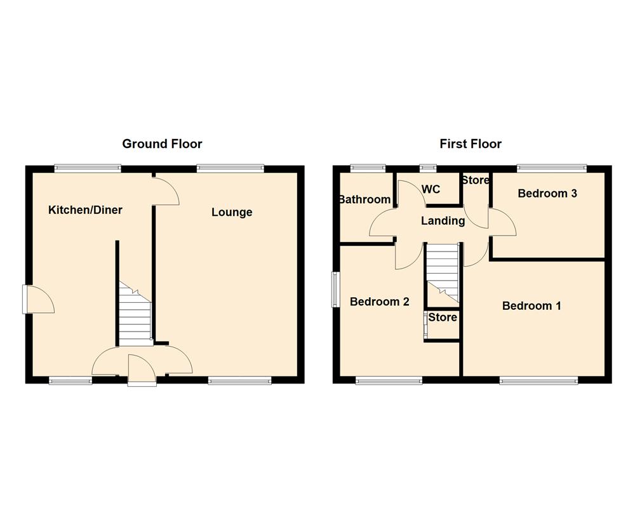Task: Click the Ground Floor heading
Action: coord(162,144)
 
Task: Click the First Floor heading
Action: coord(471,144)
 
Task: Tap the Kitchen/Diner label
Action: coord(85,210)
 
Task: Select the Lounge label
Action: coord(232,212)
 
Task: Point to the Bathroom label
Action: coord(364,199)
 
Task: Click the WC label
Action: coord(431,189)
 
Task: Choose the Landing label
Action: coord(443,221)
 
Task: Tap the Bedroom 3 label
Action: coord(547,194)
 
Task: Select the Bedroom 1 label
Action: coord(531,306)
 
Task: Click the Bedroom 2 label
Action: coord(379,302)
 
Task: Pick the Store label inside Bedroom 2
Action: coord(443,317)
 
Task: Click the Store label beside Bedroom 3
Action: coord(475,180)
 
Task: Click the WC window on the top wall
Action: coord(428,168)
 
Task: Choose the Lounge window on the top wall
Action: coord(230,168)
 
